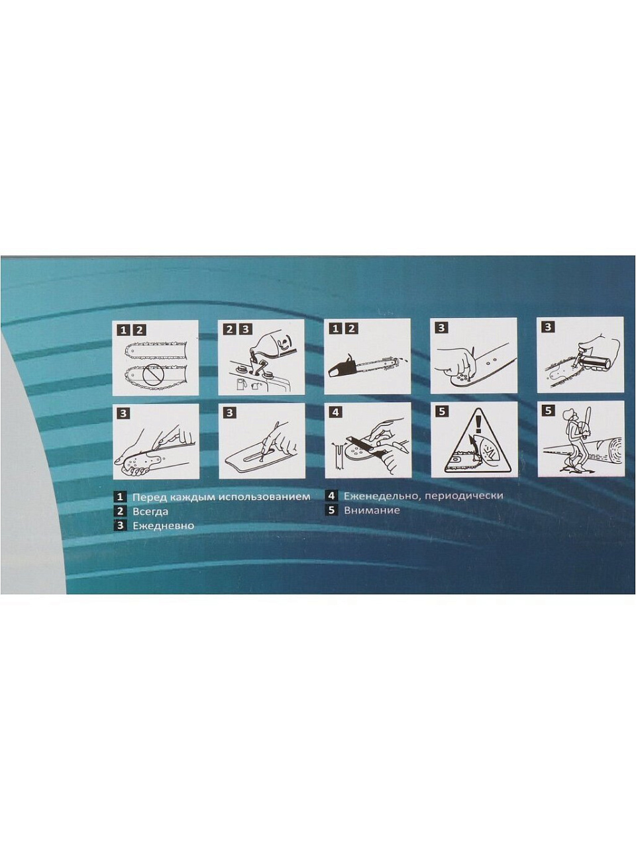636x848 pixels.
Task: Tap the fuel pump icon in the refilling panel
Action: click(x=240, y=384)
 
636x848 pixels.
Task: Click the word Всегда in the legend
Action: click(x=150, y=511)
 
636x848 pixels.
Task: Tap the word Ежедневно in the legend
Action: click(x=163, y=525)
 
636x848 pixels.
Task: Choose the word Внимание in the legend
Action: click(x=372, y=510)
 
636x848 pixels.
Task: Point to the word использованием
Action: click(x=264, y=497)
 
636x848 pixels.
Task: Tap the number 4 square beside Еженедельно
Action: click(x=332, y=496)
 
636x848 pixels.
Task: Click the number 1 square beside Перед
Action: click(x=121, y=497)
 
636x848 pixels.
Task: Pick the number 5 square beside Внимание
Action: click(x=332, y=510)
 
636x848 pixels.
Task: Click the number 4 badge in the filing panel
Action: click(x=335, y=412)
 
